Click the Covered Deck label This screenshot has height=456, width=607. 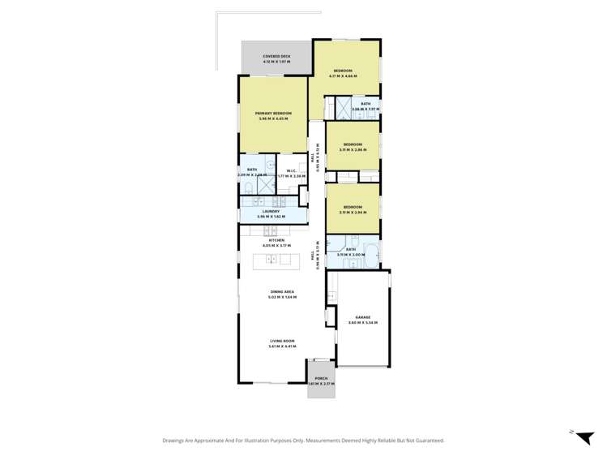277,57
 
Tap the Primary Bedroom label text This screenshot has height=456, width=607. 273,113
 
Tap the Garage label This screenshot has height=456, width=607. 363,317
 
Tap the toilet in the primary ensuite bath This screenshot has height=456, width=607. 246,188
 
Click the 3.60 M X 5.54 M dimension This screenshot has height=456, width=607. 363,323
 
